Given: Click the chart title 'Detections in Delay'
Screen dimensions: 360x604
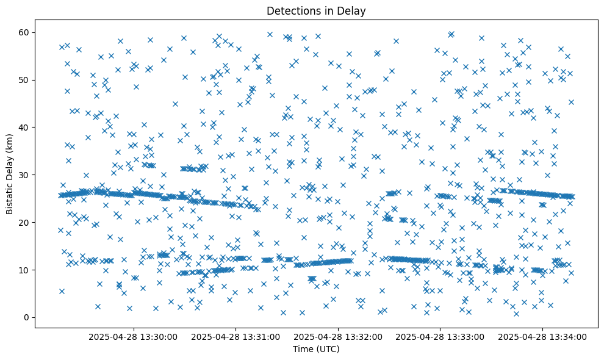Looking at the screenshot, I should (x=316, y=10).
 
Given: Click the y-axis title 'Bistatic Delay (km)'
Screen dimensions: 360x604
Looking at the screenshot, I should (x=10, y=174).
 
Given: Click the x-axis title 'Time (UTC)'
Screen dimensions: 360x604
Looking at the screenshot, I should (x=316, y=350).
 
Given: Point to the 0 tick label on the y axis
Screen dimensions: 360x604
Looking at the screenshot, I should (x=26, y=317).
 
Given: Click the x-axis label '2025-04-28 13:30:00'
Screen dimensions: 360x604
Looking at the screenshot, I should (x=133, y=336).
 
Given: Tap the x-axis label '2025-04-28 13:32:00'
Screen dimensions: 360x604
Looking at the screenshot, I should (x=338, y=336).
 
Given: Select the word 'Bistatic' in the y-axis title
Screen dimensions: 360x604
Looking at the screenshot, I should (x=10, y=196).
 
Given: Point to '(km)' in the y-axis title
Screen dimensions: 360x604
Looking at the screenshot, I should (x=10, y=143).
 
